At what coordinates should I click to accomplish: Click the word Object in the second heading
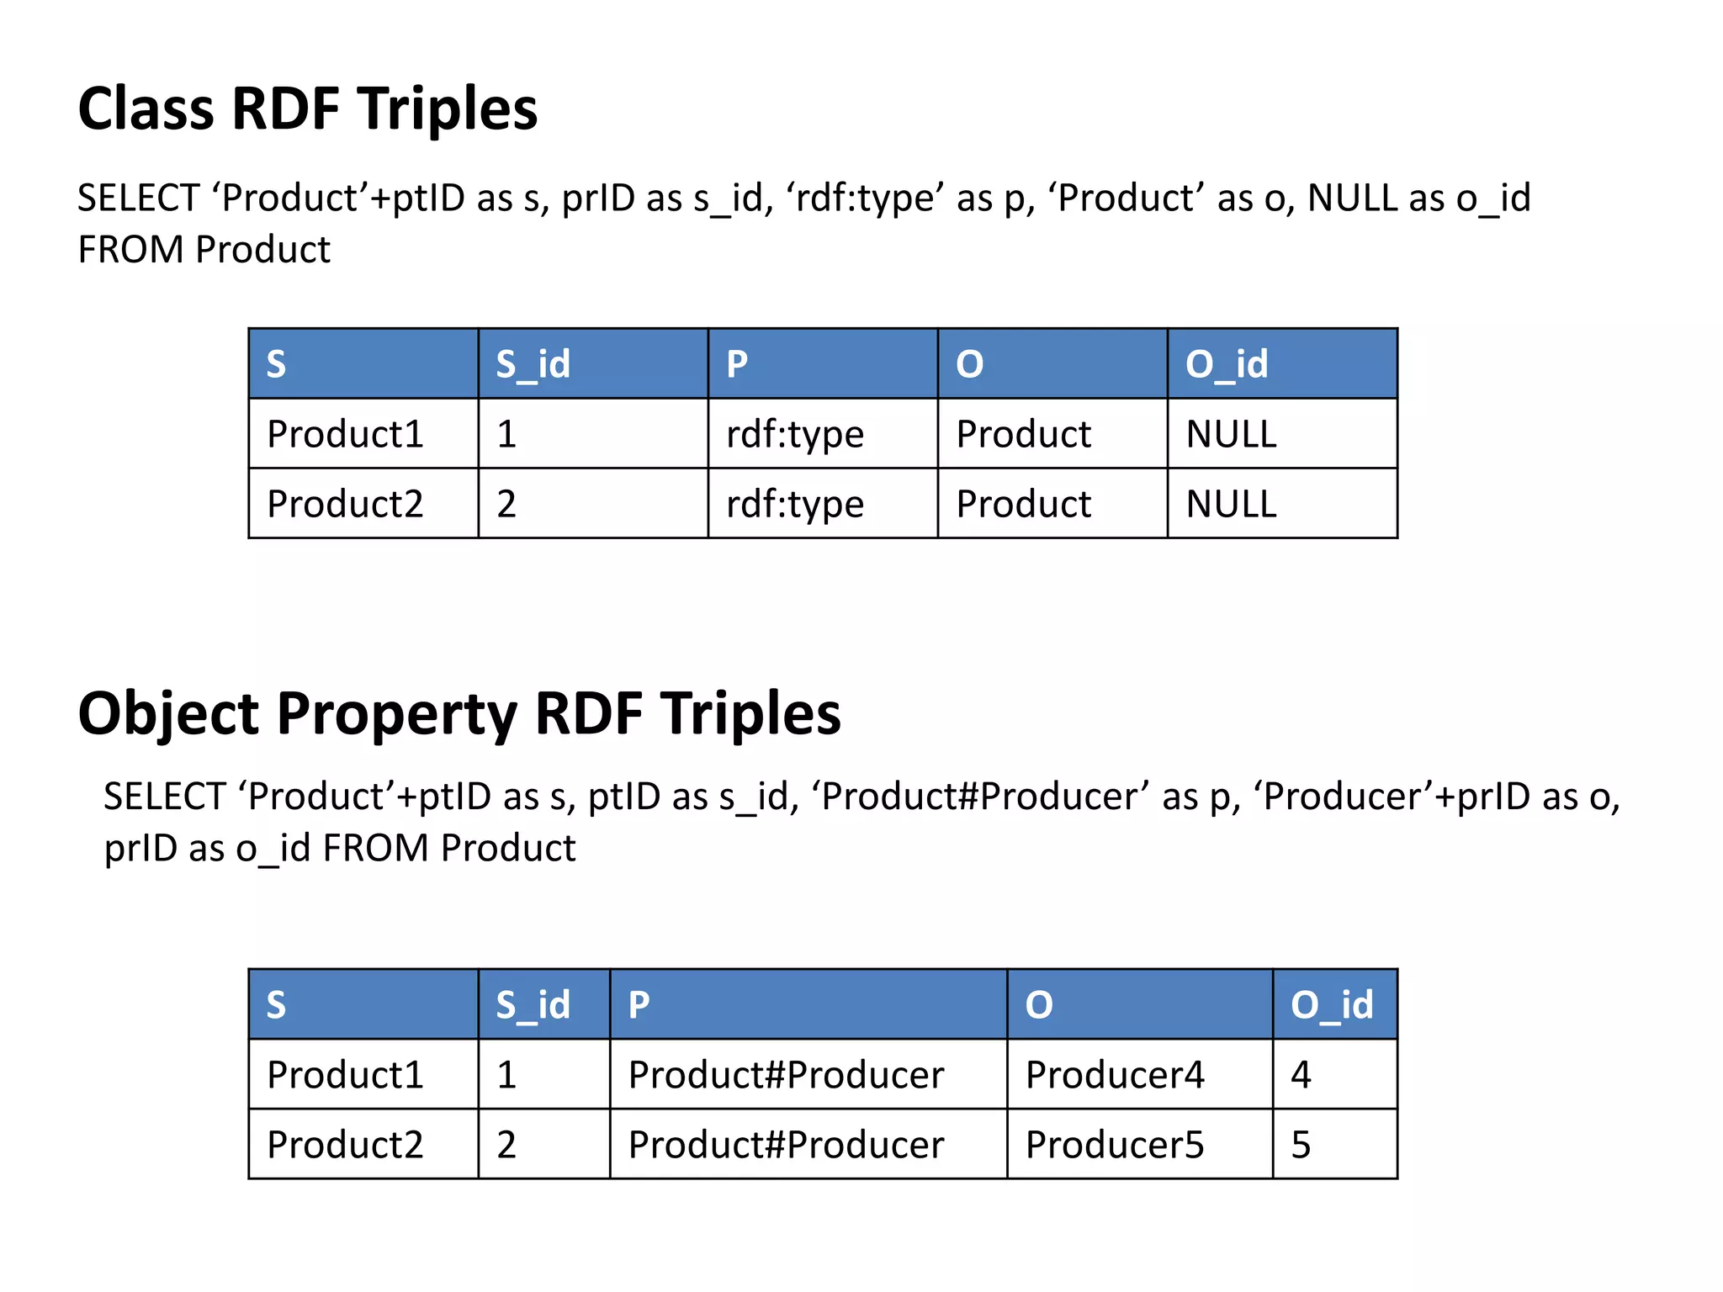click(x=169, y=714)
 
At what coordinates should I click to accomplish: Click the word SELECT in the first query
click(x=138, y=199)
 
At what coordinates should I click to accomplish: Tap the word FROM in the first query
click(x=130, y=250)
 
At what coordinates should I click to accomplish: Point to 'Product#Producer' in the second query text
click(x=979, y=797)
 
